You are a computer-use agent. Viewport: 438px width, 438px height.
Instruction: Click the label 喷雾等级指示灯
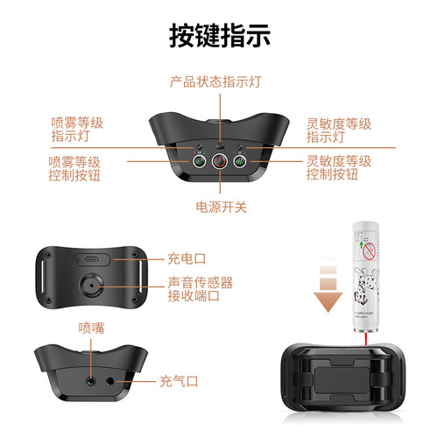click(76, 130)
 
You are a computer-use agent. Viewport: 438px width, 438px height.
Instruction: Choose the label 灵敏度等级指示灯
click(337, 130)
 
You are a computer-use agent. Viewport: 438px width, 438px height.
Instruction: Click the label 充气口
click(180, 381)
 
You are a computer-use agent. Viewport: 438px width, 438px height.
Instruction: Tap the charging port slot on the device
click(92, 260)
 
